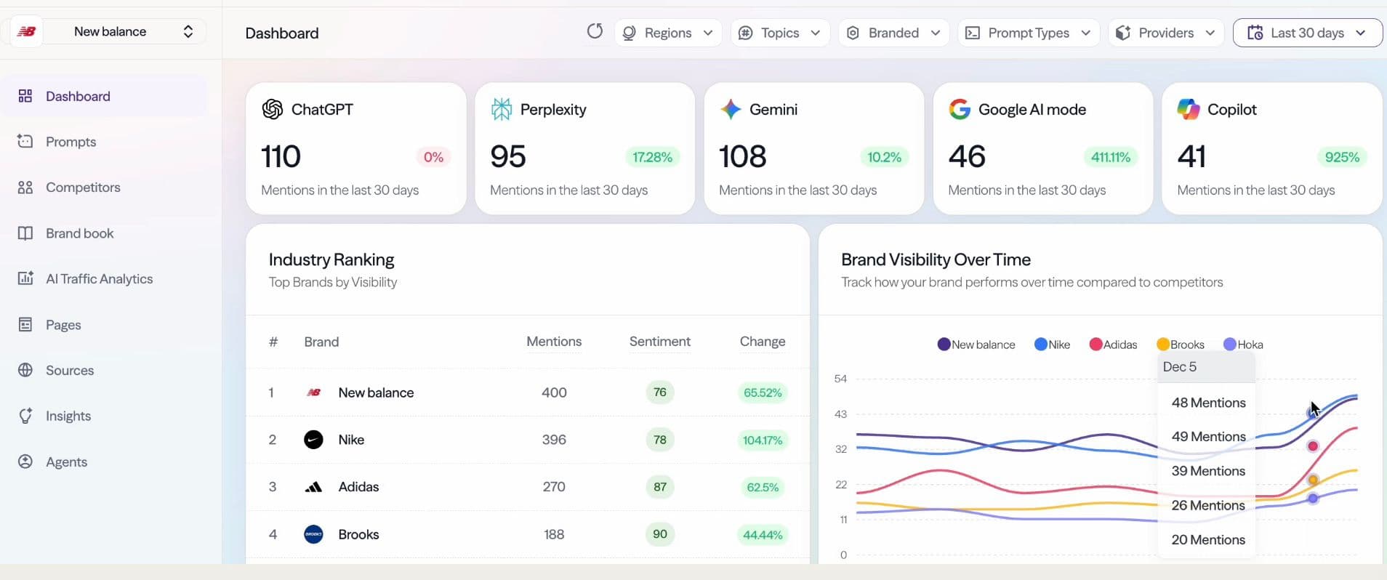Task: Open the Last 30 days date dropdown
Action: [1307, 33]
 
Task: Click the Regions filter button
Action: [668, 33]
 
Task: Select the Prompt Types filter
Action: [1029, 33]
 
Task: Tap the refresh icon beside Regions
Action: [595, 31]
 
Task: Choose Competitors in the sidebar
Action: [82, 188]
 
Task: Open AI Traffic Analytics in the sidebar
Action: [99, 279]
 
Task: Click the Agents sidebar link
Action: [66, 462]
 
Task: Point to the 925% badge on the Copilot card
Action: [1342, 157]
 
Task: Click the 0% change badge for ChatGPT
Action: [433, 157]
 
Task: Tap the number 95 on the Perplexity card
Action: [508, 156]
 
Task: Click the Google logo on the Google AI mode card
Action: [960, 109]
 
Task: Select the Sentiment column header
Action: [659, 342]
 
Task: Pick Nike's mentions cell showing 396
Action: [554, 440]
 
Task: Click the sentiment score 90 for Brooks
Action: [659, 534]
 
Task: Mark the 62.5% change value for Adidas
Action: [763, 487]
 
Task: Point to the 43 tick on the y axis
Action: [840, 414]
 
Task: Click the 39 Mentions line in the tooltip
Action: [1208, 471]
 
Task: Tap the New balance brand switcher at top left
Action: [109, 31]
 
